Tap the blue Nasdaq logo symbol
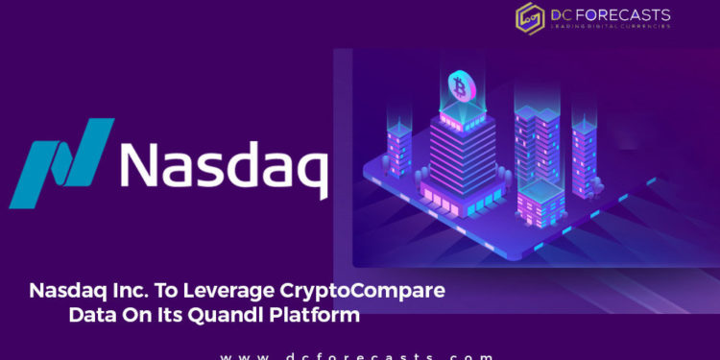(61, 161)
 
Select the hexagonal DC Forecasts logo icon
(530, 16)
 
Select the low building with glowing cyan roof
(539, 202)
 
